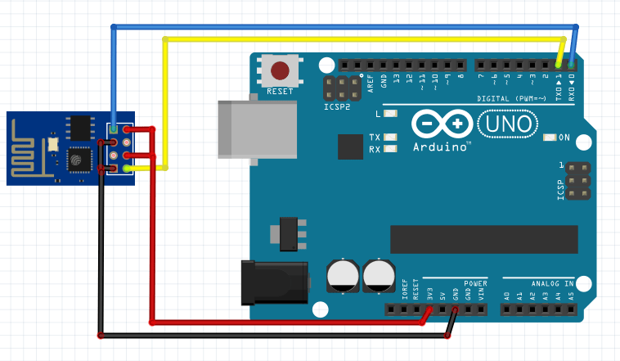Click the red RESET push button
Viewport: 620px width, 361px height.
281,70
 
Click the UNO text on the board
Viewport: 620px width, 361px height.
508,124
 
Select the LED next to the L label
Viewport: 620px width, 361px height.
390,114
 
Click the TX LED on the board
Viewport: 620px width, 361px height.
390,137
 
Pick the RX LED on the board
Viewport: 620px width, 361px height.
390,149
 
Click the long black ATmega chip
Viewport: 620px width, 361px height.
483,239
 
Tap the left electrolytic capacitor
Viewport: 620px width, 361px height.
342,275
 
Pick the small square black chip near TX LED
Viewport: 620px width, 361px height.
350,147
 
